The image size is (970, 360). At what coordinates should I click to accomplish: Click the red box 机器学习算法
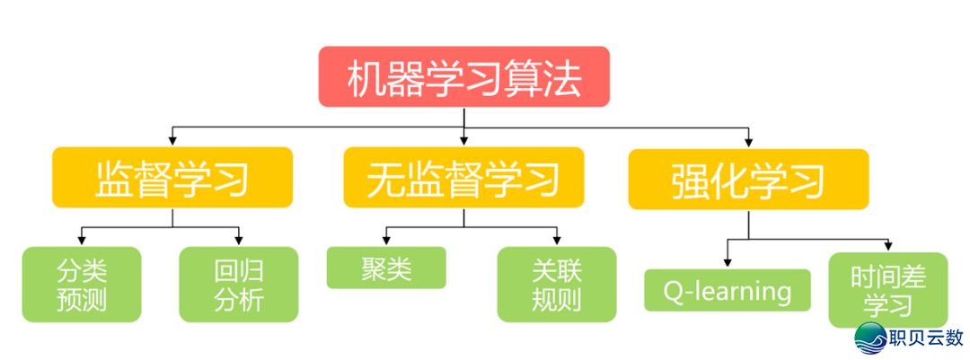pyautogui.click(x=464, y=76)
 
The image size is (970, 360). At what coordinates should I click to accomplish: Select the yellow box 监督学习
pyautogui.click(x=172, y=178)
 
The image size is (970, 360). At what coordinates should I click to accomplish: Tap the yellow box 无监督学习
pyautogui.click(x=463, y=178)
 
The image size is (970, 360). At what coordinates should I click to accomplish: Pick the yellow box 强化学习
pyautogui.click(x=748, y=178)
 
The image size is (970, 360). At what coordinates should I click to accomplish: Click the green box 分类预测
pyautogui.click(x=82, y=284)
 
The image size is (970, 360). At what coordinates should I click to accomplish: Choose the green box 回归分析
pyautogui.click(x=239, y=284)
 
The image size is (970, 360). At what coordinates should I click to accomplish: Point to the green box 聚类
pyautogui.click(x=386, y=268)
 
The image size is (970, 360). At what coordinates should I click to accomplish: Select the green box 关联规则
pyautogui.click(x=557, y=284)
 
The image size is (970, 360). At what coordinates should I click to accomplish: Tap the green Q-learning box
pyautogui.click(x=727, y=290)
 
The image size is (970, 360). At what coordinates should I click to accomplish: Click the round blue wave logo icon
pyautogui.click(x=869, y=338)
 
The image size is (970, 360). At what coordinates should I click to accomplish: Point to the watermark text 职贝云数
pyautogui.click(x=924, y=338)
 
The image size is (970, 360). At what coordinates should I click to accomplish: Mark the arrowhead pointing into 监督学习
pyautogui.click(x=172, y=141)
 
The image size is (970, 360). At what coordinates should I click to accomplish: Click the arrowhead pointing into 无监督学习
pyautogui.click(x=463, y=141)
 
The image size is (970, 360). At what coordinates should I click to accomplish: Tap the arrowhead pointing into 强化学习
pyautogui.click(x=748, y=141)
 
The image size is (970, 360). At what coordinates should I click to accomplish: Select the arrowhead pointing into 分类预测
pyautogui.click(x=82, y=241)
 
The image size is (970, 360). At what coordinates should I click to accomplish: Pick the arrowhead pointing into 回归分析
pyautogui.click(x=239, y=241)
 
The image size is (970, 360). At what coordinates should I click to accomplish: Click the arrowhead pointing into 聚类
pyautogui.click(x=386, y=241)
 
